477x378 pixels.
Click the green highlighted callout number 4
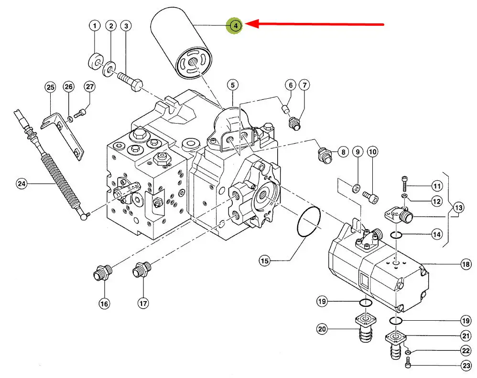(236, 25)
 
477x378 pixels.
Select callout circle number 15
(265, 260)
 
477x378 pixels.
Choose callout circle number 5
(232, 86)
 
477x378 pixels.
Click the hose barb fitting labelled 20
(365, 330)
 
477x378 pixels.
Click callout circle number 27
(90, 86)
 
